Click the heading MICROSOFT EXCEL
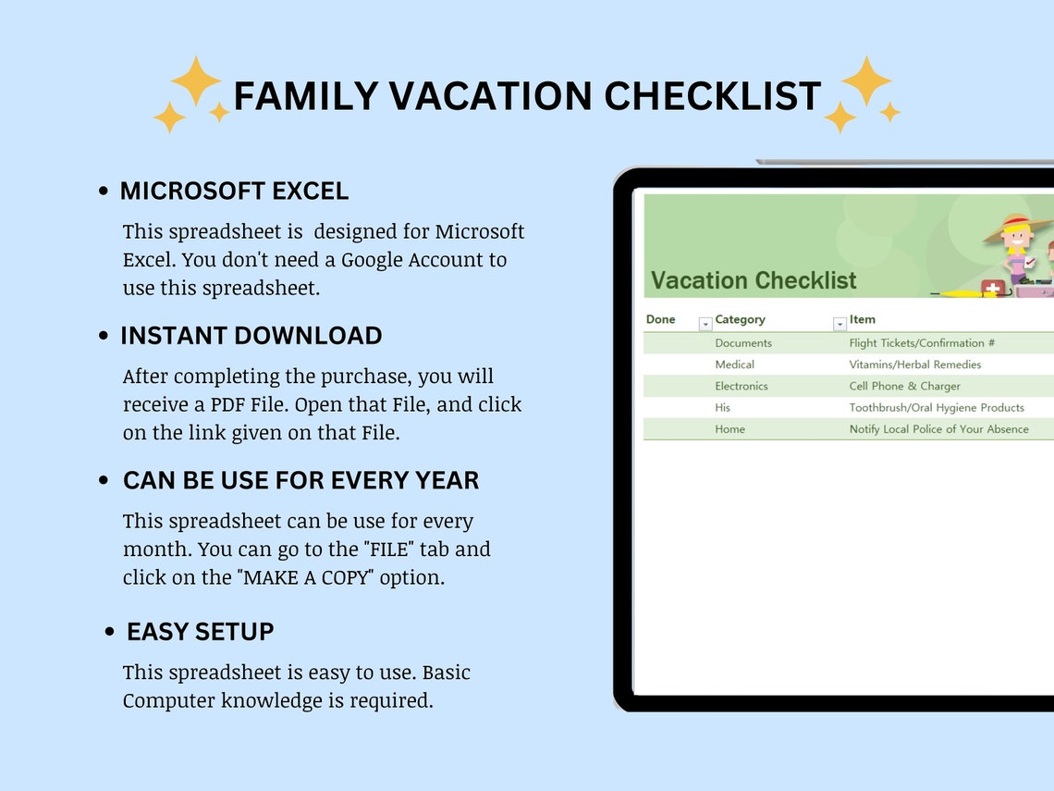tap(234, 192)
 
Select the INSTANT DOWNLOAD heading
tap(251, 336)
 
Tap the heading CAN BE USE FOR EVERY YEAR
tap(300, 481)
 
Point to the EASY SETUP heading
tap(200, 632)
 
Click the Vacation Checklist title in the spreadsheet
tap(754, 280)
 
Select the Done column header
tap(660, 319)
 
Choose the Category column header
tap(740, 319)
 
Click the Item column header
tap(862, 319)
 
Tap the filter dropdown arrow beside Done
tap(705, 324)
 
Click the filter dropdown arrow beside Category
tap(840, 324)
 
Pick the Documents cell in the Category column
tap(742, 343)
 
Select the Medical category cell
tap(734, 365)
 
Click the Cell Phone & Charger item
tap(904, 386)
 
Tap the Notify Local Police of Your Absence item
tap(938, 429)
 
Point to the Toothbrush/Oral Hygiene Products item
tap(937, 407)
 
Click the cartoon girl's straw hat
tap(1018, 226)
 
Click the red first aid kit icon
tap(993, 288)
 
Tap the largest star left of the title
tap(196, 81)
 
